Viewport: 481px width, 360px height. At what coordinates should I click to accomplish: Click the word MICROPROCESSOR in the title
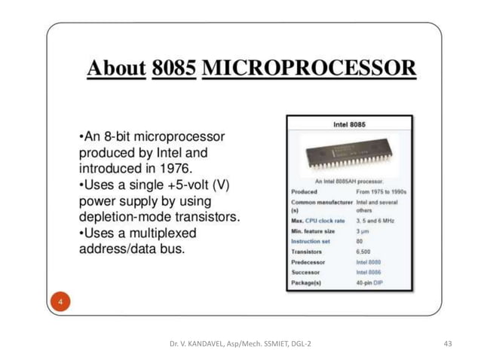click(309, 69)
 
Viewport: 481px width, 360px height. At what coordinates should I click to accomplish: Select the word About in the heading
click(116, 69)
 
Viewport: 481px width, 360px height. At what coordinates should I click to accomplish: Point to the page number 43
click(448, 344)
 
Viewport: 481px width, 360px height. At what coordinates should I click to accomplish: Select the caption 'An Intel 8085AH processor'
click(349, 181)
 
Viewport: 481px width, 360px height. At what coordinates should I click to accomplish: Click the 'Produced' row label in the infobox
click(304, 191)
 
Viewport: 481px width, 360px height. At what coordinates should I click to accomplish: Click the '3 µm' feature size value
click(364, 231)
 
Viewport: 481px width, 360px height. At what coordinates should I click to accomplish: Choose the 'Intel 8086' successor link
click(369, 273)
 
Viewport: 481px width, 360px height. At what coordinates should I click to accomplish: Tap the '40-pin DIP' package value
click(371, 284)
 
